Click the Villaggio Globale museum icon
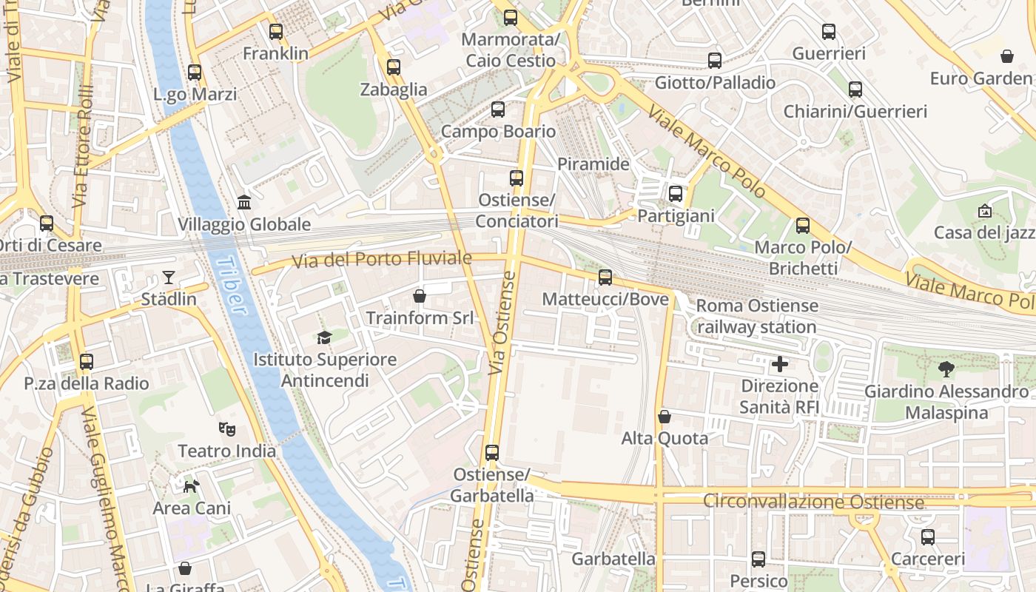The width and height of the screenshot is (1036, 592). click(244, 202)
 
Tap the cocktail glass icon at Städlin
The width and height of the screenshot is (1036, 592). click(169, 277)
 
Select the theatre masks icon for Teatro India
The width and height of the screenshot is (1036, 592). click(227, 428)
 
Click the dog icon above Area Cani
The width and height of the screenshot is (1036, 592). click(192, 486)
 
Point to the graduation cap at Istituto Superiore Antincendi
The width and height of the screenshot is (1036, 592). click(324, 337)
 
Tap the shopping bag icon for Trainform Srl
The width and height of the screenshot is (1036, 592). click(420, 296)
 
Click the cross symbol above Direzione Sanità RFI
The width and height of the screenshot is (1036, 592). click(779, 364)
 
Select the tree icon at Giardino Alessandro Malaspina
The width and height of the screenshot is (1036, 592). click(945, 369)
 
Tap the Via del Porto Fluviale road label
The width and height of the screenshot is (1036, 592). click(381, 260)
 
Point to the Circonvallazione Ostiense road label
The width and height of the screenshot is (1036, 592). click(813, 502)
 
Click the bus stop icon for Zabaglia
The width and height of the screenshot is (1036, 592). click(394, 67)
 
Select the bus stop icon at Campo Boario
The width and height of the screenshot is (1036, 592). click(498, 110)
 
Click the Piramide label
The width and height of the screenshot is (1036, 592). click(593, 164)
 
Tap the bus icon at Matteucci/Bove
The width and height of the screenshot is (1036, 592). click(605, 277)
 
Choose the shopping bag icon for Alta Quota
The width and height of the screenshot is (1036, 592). click(665, 417)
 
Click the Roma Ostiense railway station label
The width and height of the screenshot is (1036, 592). click(756, 316)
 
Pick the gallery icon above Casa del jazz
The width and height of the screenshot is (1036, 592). click(984, 211)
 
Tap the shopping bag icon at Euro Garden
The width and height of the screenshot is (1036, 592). click(1006, 56)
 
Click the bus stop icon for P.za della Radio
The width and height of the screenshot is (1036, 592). click(87, 362)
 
